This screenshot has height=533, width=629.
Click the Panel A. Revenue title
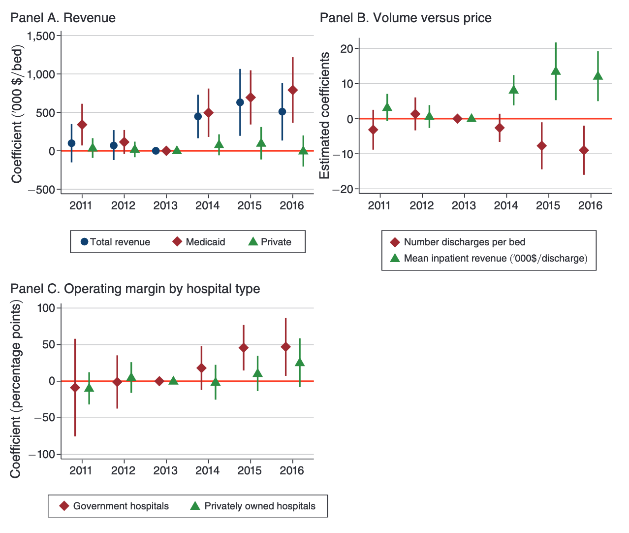63,18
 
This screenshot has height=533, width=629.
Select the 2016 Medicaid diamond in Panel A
293,90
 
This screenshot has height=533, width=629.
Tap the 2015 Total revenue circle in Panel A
240,102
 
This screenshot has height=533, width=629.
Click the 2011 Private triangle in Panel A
93,147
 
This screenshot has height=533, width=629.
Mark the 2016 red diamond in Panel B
584,150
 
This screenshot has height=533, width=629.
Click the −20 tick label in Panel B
343,189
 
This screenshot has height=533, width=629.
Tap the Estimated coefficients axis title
325,116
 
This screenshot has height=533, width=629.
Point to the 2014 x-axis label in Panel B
506,205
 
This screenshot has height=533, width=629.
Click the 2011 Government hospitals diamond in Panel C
75,388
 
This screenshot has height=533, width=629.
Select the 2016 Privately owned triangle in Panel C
300,362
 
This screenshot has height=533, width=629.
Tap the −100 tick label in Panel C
43,454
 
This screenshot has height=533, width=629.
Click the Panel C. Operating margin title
135,289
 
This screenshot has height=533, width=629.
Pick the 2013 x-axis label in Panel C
165,470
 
